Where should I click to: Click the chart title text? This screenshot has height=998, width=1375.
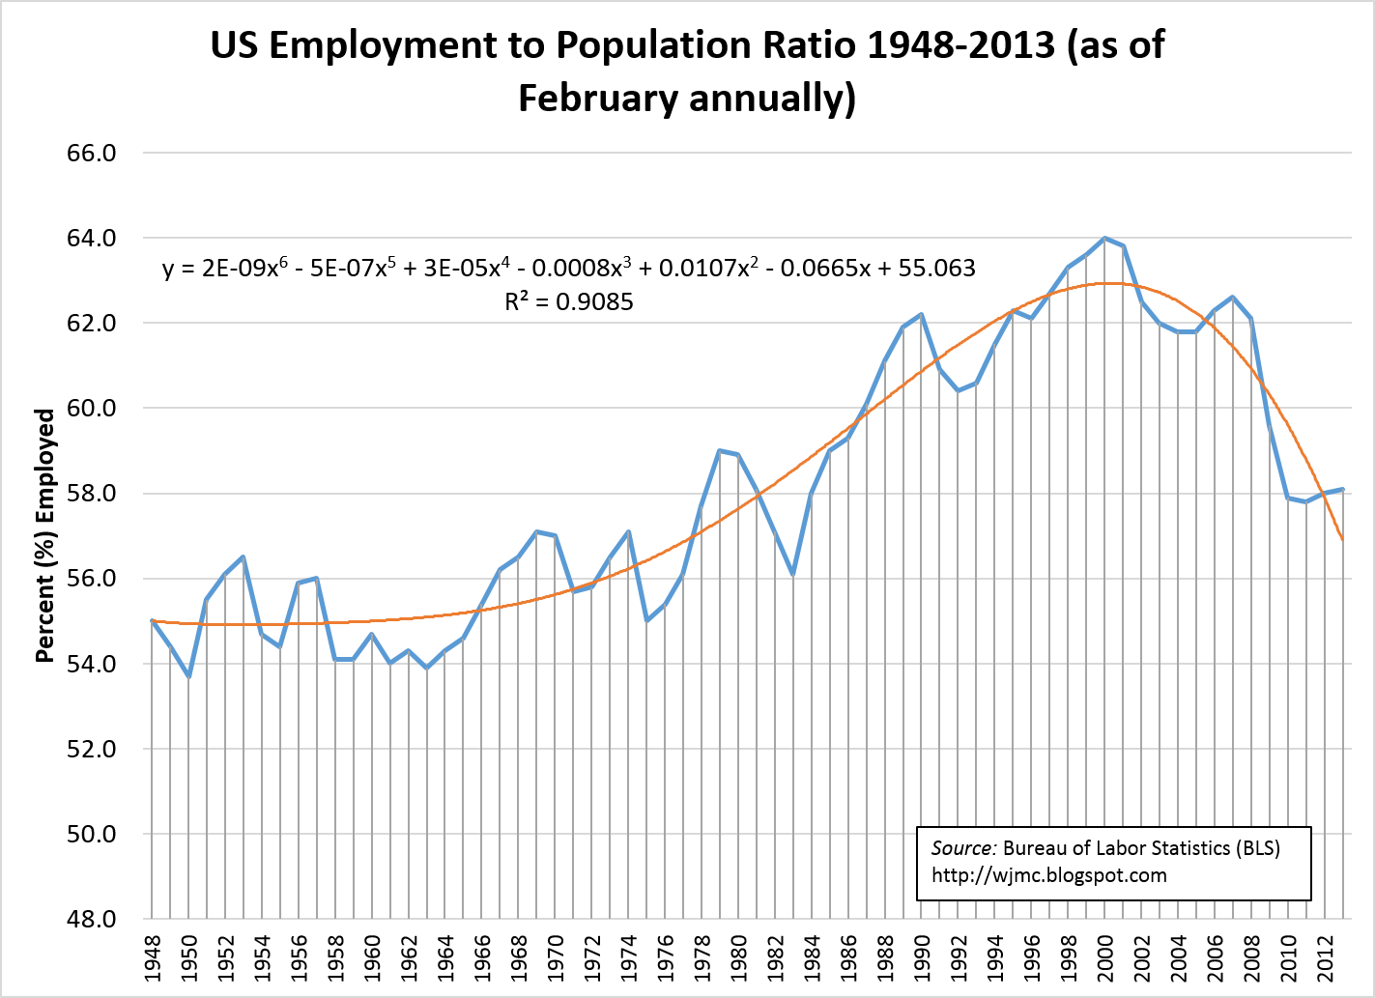click(687, 71)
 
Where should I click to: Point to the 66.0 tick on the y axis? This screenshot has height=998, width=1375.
click(89, 153)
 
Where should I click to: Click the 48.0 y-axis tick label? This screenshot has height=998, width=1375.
click(89, 919)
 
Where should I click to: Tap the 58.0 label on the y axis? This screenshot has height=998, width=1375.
click(89, 494)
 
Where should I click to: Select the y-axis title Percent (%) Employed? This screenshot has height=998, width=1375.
click(45, 535)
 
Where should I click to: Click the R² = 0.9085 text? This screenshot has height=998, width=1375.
click(569, 302)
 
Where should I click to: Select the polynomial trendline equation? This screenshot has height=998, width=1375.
click(569, 268)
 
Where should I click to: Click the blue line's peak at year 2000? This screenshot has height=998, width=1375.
click(1105, 238)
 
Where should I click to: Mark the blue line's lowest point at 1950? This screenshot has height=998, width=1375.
click(189, 676)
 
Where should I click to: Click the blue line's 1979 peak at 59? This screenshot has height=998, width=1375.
click(720, 450)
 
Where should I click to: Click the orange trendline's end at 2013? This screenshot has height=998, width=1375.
click(1342, 539)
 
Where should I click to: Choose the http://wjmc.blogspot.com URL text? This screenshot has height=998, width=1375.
click(1049, 875)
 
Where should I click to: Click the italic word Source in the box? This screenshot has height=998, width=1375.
click(962, 848)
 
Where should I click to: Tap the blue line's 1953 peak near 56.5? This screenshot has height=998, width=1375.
click(243, 556)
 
